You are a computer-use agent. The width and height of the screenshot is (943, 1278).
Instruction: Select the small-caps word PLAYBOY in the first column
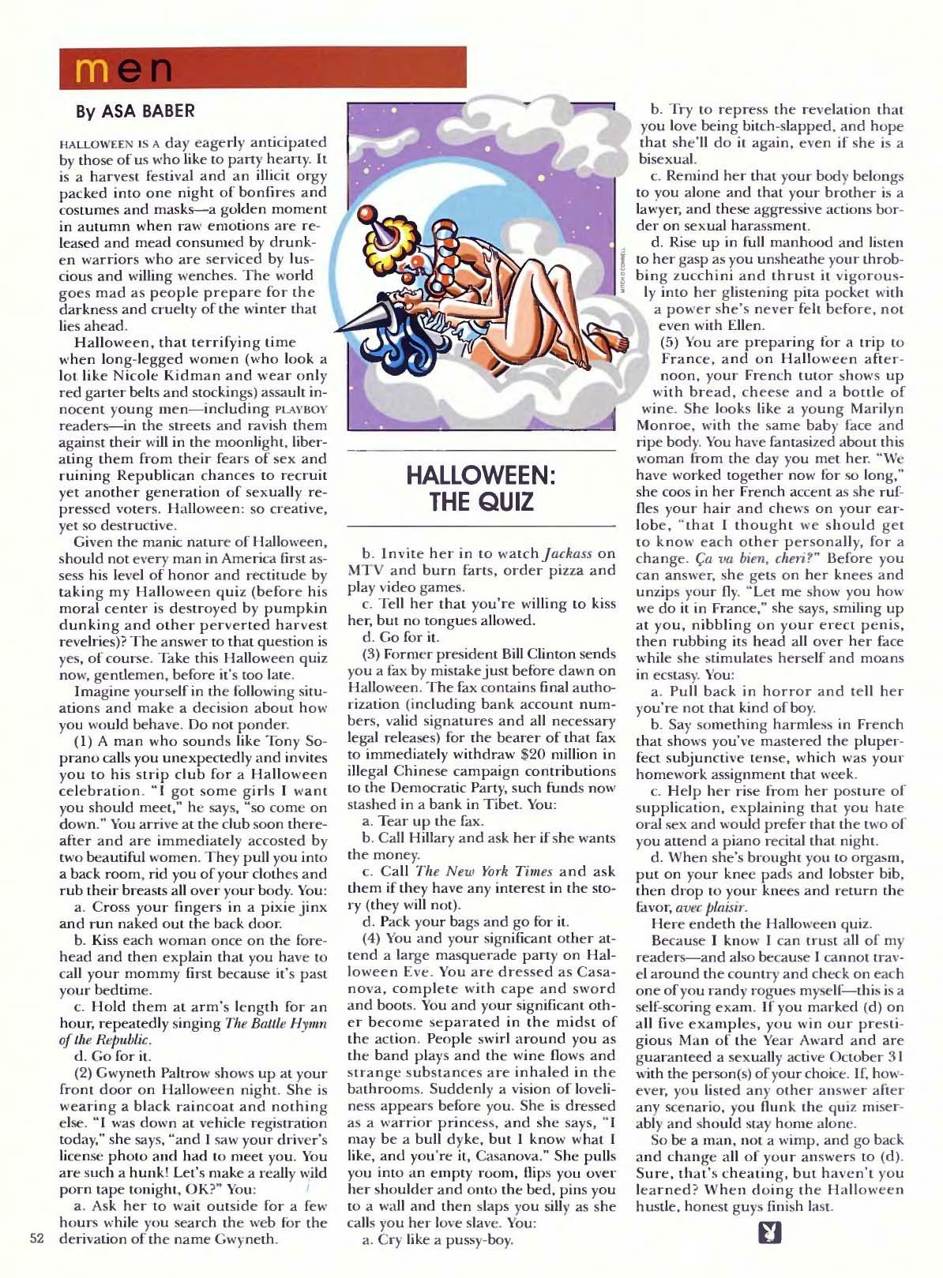click(x=299, y=409)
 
